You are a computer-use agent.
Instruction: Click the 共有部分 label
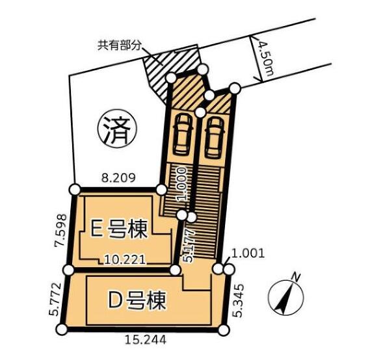tap(120, 45)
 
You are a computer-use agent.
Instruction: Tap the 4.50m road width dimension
tap(266, 59)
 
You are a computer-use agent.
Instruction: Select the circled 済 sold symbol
tap(117, 129)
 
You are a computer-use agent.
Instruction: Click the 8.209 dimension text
tap(118, 178)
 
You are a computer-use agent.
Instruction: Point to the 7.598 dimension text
tap(60, 230)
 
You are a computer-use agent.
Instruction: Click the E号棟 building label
tap(119, 229)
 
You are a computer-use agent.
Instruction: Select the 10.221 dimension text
tap(125, 260)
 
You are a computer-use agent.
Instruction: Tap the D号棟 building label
tap(137, 300)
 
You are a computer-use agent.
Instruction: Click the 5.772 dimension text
tap(55, 299)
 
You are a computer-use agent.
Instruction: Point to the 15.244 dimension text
tap(146, 340)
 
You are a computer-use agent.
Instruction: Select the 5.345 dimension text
tap(237, 301)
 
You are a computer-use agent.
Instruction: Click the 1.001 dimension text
tap(248, 253)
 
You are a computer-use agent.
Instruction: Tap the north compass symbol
tap(285, 298)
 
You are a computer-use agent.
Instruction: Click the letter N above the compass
tap(296, 277)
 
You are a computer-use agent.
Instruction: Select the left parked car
tap(183, 135)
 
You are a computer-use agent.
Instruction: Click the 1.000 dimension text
tap(182, 184)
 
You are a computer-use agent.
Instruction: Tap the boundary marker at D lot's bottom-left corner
tap(62, 329)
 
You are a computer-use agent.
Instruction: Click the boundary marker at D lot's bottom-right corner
tap(224, 330)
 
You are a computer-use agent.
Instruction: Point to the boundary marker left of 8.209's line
tap(75, 190)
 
